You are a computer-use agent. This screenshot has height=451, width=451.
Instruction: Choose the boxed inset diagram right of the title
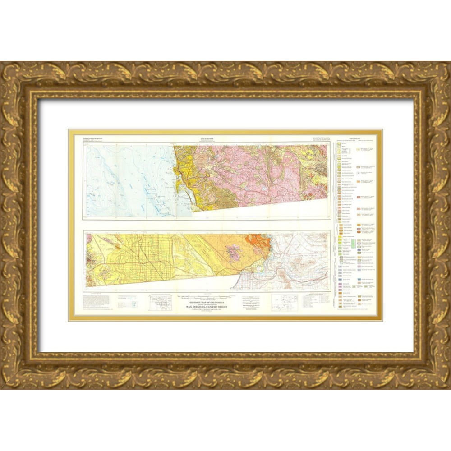pyautogui.click(x=282, y=302)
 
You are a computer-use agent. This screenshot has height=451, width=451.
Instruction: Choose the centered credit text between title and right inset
pyautogui.click(x=253, y=301)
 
